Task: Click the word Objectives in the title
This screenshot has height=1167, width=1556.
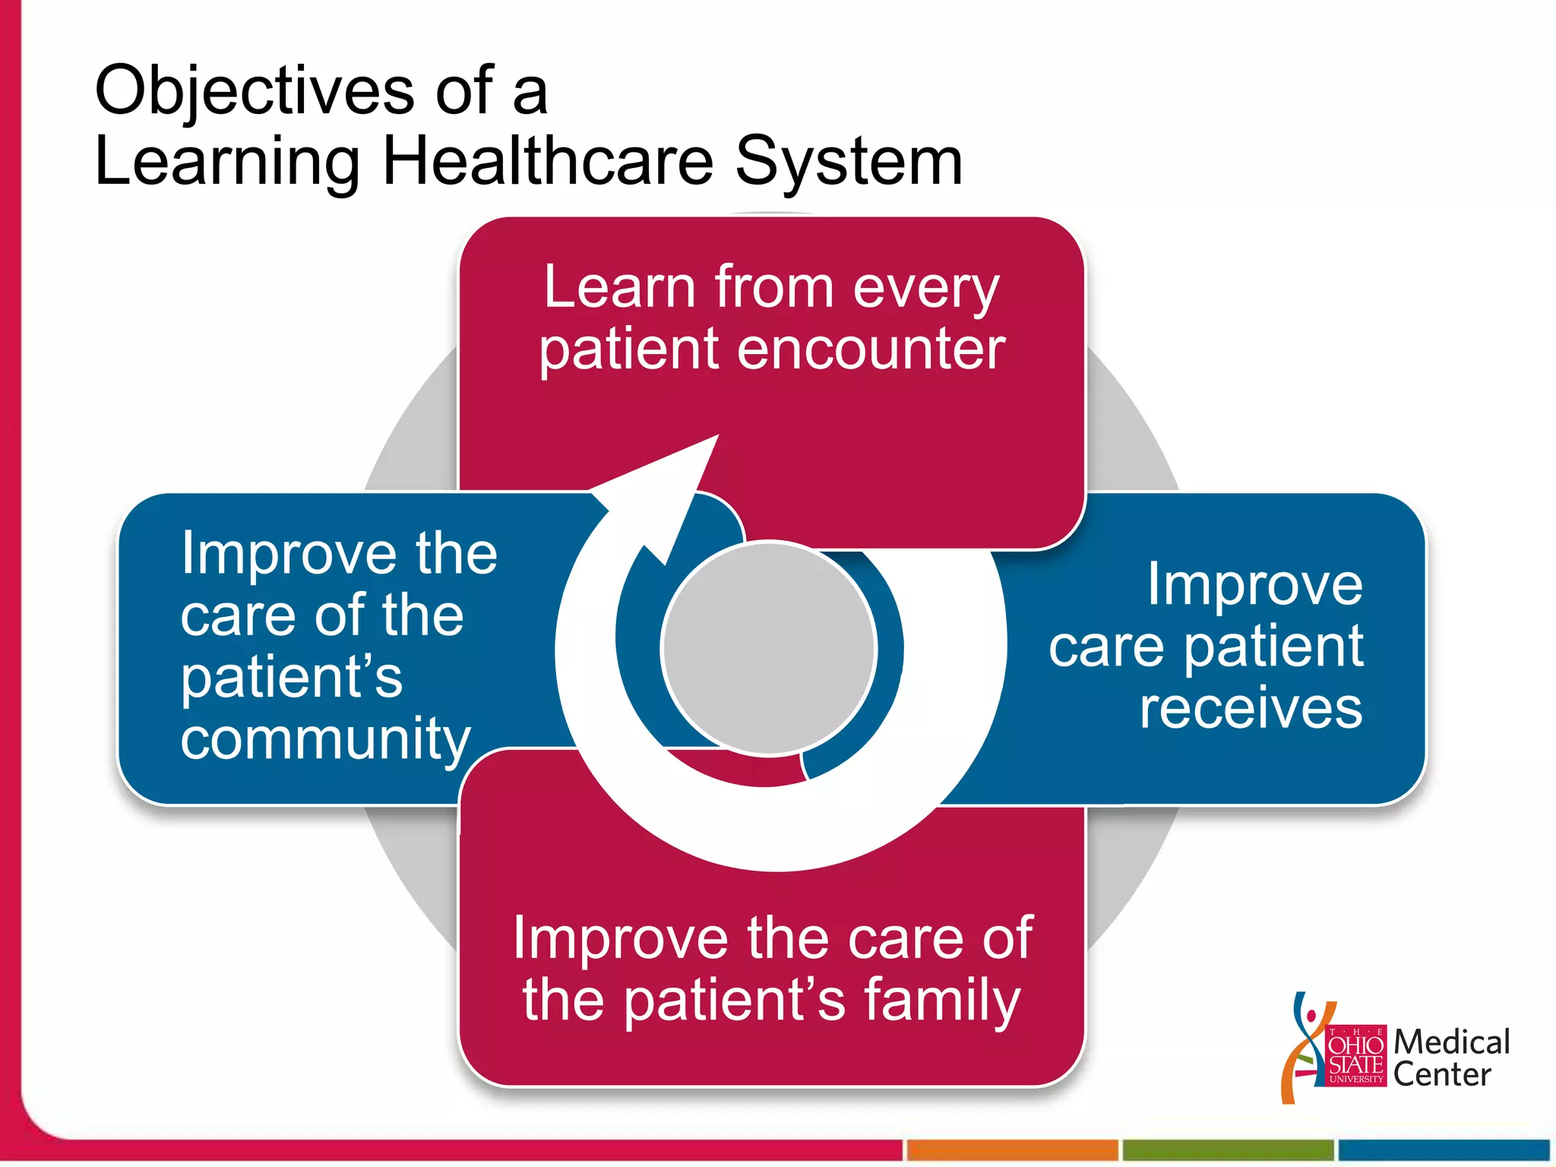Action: [255, 91]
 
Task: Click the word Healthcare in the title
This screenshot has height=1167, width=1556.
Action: [547, 161]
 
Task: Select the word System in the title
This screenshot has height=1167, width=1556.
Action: [849, 163]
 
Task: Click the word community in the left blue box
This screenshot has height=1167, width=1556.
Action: [325, 738]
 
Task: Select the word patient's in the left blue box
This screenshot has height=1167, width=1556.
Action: [291, 676]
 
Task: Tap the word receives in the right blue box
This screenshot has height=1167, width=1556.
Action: [1251, 708]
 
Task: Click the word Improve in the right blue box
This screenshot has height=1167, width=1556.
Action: [1254, 585]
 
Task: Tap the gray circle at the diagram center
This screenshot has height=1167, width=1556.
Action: [769, 648]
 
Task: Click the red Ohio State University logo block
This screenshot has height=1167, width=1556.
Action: [1355, 1056]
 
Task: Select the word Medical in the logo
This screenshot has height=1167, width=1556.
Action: [1451, 1042]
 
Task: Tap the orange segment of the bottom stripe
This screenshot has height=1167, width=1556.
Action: [1011, 1150]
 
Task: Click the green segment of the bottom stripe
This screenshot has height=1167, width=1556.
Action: [1228, 1150]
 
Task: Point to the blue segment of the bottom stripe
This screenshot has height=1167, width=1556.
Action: [1444, 1150]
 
